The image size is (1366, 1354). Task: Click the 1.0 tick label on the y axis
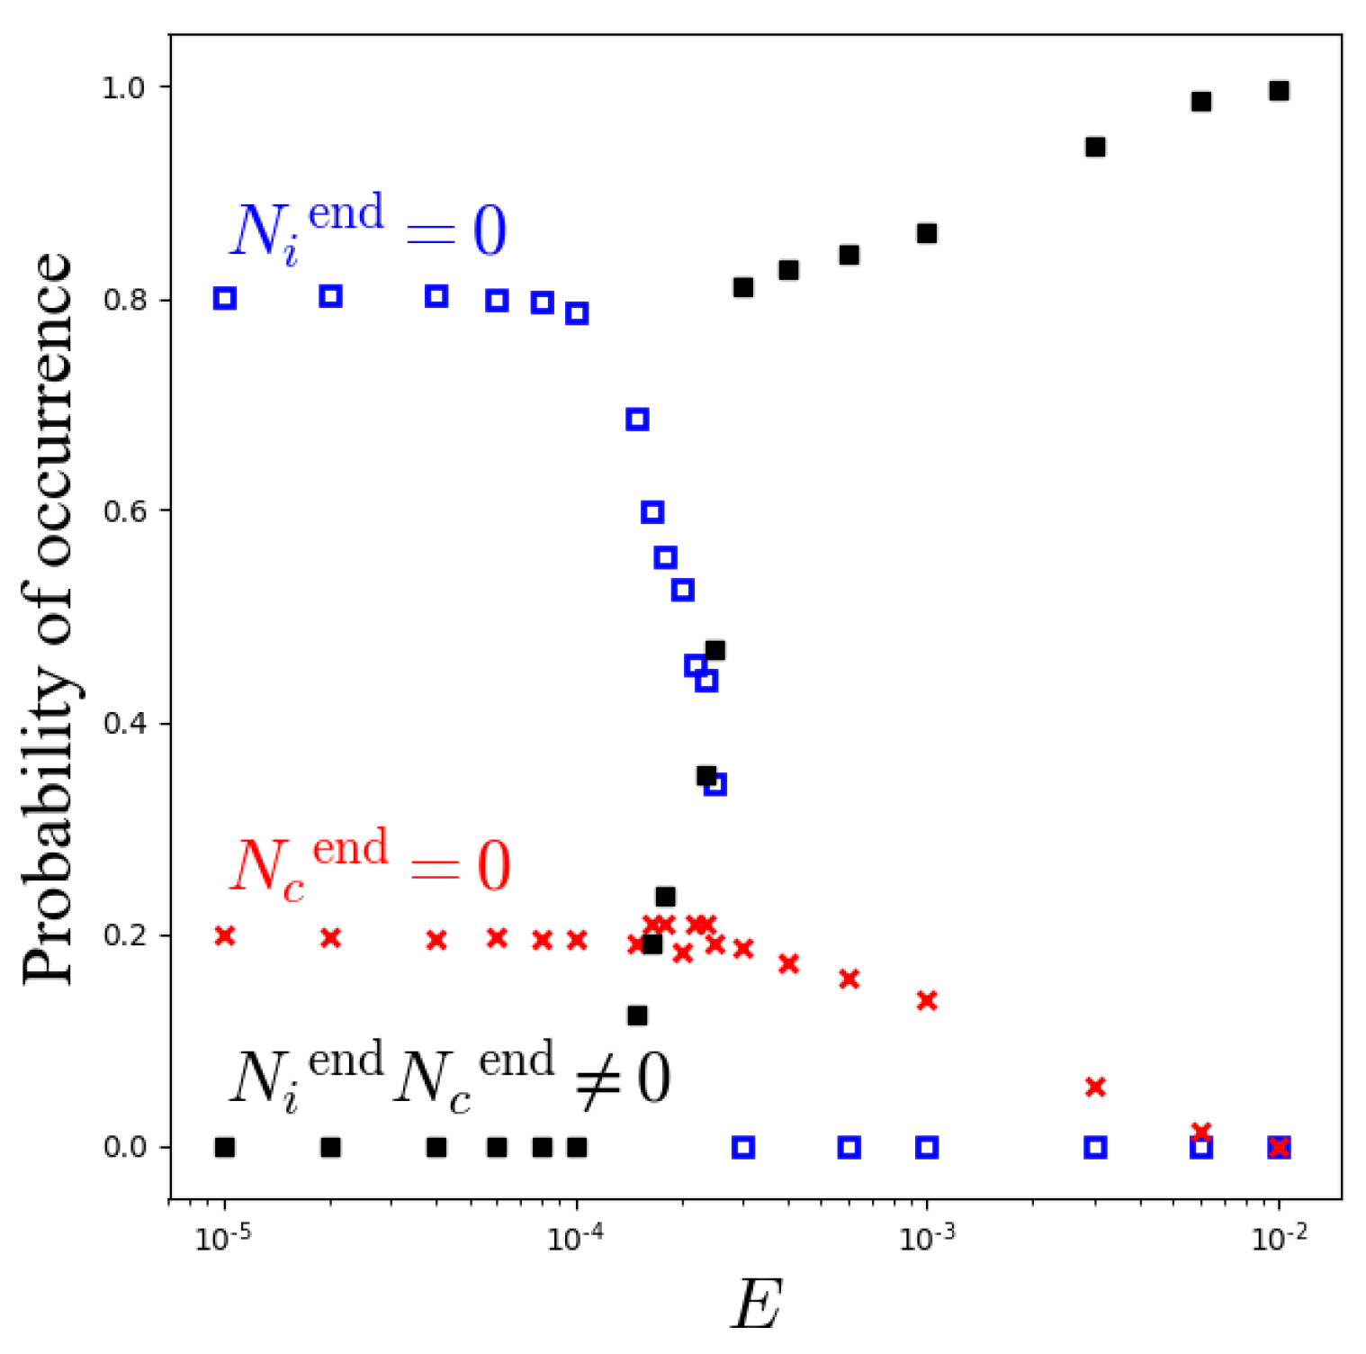123,88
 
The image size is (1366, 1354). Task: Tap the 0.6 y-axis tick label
123,511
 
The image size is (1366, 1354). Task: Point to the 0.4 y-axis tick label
123,724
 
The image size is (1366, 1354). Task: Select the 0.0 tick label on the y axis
123,1148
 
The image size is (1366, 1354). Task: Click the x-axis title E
756,1304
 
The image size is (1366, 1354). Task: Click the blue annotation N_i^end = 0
368,228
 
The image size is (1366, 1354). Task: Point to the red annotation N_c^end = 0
370,864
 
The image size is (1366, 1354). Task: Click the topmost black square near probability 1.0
1279,91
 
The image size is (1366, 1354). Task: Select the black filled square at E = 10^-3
927,234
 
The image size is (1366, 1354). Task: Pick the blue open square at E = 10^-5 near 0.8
225,298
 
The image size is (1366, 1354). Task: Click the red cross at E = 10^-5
225,936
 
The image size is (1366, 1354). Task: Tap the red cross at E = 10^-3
927,1001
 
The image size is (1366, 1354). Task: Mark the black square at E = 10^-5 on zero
225,1148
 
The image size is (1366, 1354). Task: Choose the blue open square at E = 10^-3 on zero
927,1148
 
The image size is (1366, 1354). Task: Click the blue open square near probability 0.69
637,420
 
